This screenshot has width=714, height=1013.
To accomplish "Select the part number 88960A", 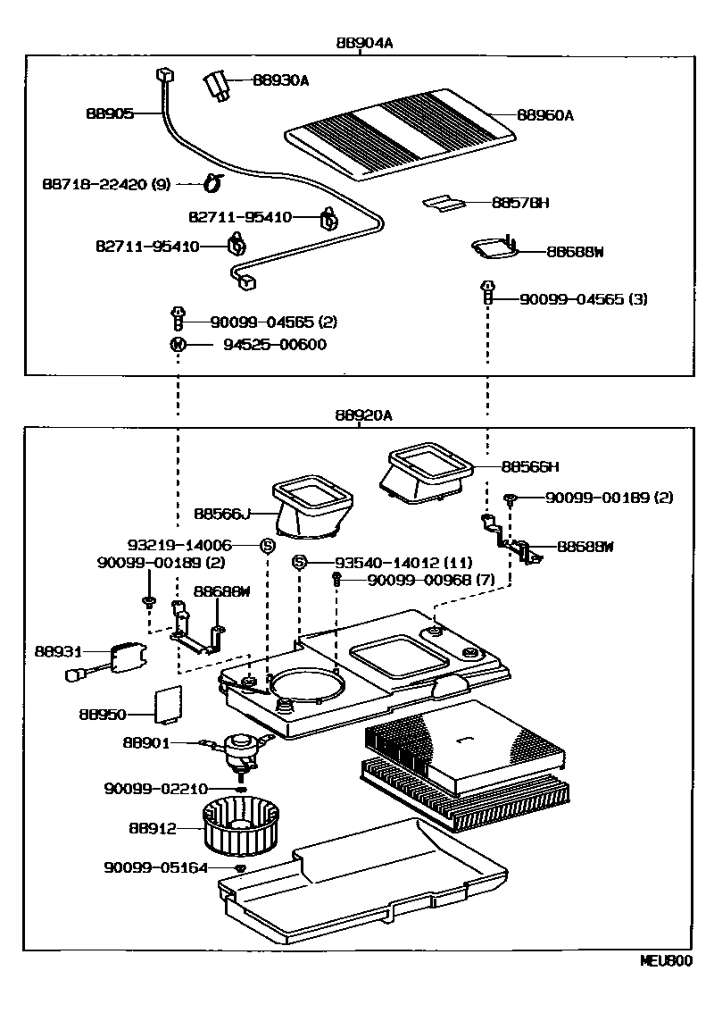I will [x=545, y=115].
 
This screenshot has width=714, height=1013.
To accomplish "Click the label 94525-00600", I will [x=268, y=345].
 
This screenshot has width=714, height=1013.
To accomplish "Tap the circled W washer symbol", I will [x=178, y=345].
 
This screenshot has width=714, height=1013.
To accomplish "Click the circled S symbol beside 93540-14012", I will [x=301, y=562].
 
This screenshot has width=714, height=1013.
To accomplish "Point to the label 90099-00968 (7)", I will [x=430, y=581].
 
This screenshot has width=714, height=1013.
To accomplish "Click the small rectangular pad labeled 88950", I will [x=170, y=703].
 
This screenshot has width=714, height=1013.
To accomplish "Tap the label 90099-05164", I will [x=156, y=867].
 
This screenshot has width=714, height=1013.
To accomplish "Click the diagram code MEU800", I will [x=665, y=962].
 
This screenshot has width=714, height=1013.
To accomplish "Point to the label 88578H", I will [x=519, y=203].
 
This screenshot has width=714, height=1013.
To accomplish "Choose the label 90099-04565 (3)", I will [x=584, y=299].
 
